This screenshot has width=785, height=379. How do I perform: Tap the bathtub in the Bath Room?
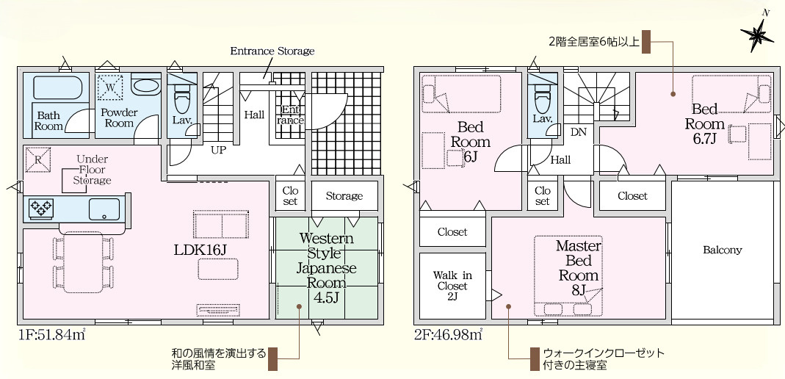[57, 88]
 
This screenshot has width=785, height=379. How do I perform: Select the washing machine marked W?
[110, 86]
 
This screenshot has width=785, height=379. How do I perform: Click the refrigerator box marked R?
[37, 159]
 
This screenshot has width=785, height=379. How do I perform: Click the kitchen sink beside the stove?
[104, 209]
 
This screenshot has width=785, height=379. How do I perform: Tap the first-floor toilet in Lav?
[181, 100]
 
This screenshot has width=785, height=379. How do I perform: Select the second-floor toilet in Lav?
[542, 98]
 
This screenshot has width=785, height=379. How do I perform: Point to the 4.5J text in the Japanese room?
[326, 297]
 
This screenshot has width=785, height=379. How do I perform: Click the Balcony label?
[722, 250]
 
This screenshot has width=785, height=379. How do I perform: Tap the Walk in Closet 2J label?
[452, 286]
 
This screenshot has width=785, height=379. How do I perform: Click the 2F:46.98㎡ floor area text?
[448, 334]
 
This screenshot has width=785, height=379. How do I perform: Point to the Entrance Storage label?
[272, 51]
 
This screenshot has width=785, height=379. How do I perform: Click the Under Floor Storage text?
[92, 170]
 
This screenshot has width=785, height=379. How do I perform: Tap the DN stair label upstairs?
[578, 133]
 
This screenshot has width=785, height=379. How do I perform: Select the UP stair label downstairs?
[218, 149]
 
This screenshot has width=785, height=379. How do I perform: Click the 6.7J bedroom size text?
[705, 138]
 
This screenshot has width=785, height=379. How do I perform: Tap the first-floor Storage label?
[344, 196]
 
